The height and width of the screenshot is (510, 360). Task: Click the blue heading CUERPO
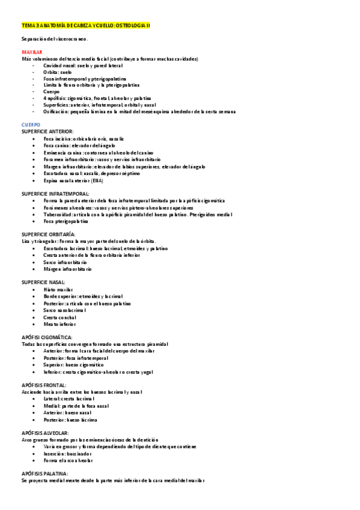tap(30, 124)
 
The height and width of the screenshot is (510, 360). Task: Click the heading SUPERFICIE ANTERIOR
tap(47, 131)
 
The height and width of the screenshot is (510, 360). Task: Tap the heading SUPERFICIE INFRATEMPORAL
tap(55, 194)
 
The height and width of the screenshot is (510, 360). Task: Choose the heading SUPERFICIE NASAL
tap(43, 282)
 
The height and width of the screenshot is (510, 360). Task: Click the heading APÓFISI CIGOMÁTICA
tap(47, 337)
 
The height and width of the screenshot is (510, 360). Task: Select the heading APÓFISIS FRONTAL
tap(44, 385)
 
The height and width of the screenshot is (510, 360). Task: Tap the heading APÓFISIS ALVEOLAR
tap(45, 432)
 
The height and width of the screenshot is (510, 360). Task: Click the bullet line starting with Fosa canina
tap(75, 146)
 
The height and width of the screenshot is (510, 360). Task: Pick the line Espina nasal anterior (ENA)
tap(73, 180)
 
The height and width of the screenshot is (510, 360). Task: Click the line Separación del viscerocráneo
tap(55, 39)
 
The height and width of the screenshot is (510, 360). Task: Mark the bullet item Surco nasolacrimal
tap(65, 310)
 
